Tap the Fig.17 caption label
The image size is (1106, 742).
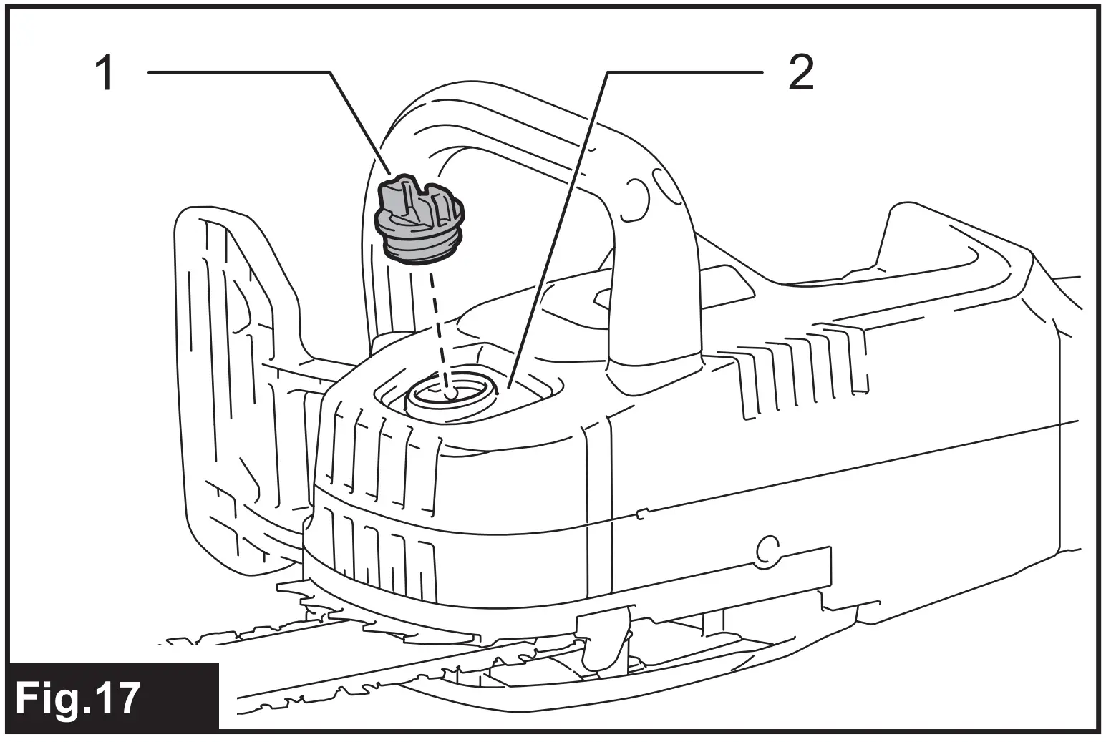tap(78, 698)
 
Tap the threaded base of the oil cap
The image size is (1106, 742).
tap(419, 250)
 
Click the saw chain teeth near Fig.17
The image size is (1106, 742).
tap(286, 637)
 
